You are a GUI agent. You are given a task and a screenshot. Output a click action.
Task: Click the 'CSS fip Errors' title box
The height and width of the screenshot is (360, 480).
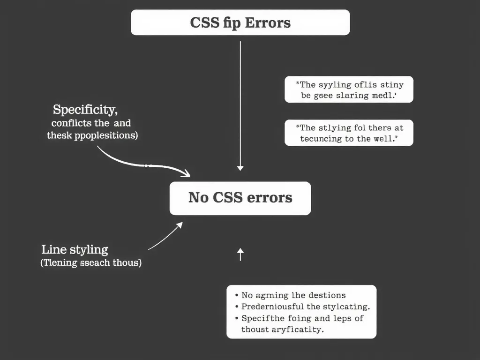pyautogui.click(x=240, y=22)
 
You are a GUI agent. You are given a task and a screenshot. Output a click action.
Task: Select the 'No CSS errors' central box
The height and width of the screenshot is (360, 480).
pyautogui.click(x=240, y=198)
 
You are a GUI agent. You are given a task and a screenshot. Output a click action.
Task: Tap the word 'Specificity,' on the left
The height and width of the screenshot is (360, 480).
pyautogui.click(x=85, y=110)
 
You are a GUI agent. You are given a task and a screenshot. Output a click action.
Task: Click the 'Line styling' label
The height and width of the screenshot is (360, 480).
pyautogui.click(x=75, y=249)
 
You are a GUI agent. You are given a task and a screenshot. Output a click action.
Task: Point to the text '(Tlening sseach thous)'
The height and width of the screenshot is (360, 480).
pyautogui.click(x=91, y=262)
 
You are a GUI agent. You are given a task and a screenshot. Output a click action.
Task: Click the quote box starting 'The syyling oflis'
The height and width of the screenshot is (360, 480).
pyautogui.click(x=349, y=90)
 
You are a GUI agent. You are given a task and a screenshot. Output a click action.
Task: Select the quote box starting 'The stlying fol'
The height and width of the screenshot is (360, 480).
pyautogui.click(x=349, y=133)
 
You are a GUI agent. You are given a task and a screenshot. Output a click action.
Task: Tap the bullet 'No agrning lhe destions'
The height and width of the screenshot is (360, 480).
pyautogui.click(x=293, y=295)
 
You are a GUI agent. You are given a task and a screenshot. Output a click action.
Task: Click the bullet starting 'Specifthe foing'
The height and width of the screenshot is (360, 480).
pyautogui.click(x=302, y=318)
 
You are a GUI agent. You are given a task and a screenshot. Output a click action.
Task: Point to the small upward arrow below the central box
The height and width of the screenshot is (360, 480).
pyautogui.click(x=240, y=255)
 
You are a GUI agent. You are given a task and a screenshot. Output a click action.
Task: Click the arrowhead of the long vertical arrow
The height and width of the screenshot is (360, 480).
pyautogui.click(x=240, y=167)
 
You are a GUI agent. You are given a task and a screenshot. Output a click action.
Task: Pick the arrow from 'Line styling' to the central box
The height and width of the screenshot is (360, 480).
pyautogui.click(x=165, y=237)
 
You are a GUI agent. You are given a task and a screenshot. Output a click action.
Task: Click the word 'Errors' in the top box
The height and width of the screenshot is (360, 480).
pyautogui.click(x=268, y=22)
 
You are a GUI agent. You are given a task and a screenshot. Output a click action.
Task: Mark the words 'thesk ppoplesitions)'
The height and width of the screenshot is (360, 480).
pyautogui.click(x=92, y=136)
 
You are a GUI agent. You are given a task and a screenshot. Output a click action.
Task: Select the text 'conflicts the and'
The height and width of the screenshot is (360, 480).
pyautogui.click(x=91, y=123)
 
